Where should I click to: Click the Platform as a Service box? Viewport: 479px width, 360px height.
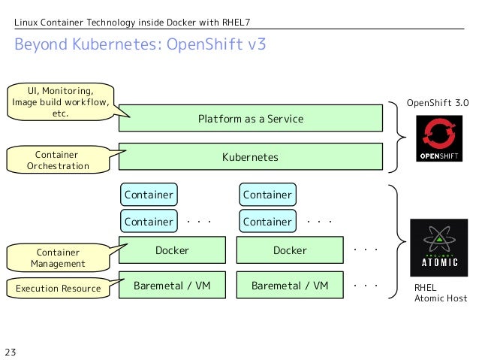coord(250,119)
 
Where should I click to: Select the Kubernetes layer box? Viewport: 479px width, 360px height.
coord(250,157)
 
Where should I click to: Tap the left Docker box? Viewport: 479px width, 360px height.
coord(172,250)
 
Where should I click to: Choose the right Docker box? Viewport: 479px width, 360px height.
coord(290,250)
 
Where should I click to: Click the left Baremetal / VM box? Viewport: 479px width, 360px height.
coord(172,286)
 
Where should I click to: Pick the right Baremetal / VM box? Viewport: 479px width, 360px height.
coord(290,286)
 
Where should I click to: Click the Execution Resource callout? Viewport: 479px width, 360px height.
coord(58,289)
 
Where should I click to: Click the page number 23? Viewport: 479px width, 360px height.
coord(11,351)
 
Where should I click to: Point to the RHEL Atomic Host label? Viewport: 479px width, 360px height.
coord(441,293)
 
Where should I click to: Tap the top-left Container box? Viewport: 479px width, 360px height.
coord(149,195)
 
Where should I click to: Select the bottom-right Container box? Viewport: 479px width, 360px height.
coord(267,222)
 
